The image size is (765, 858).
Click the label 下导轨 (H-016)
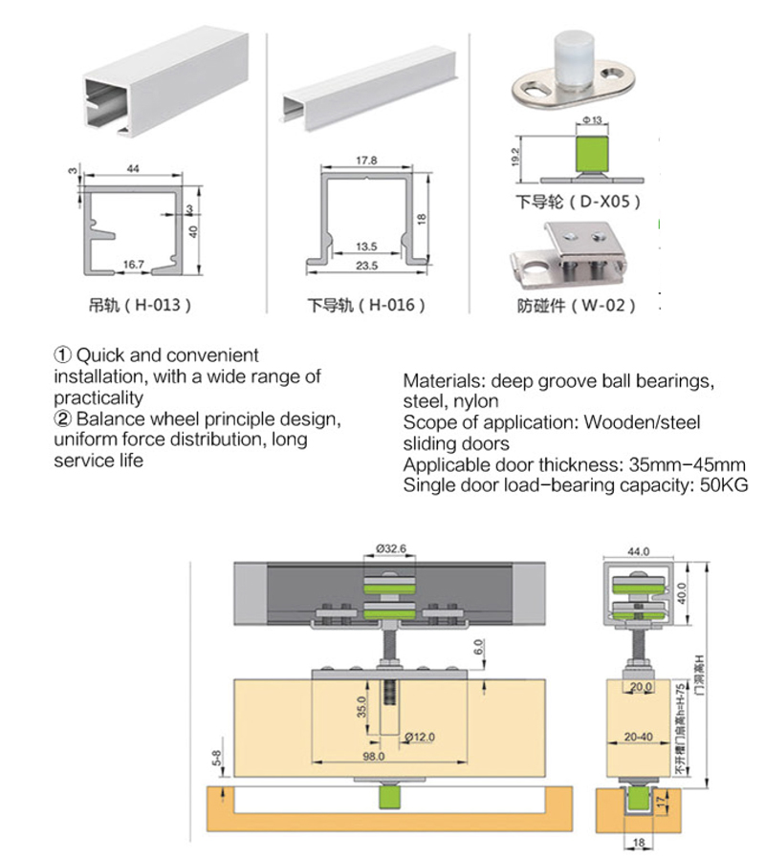pyautogui.click(x=366, y=306)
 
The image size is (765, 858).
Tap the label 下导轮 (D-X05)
pyautogui.click(x=578, y=202)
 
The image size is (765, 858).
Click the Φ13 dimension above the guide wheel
pyautogui.click(x=590, y=119)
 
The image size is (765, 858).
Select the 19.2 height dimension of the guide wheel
pyautogui.click(x=515, y=155)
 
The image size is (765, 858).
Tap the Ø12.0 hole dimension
pyautogui.click(x=419, y=736)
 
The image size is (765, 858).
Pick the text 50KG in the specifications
pyautogui.click(x=725, y=485)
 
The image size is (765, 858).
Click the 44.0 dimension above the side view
pyautogui.click(x=638, y=551)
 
